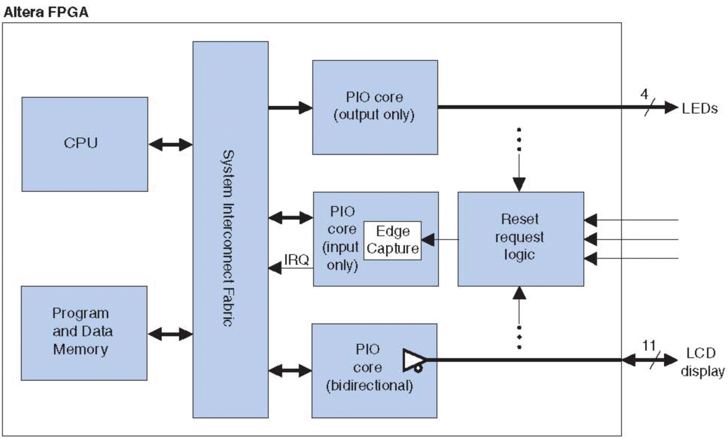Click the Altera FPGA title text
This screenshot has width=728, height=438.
tap(46, 12)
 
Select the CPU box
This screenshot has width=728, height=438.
tap(85, 144)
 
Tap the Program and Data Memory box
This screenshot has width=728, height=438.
tap(84, 333)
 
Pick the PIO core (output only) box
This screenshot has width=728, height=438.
tap(375, 107)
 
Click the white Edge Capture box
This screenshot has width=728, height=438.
tap(393, 240)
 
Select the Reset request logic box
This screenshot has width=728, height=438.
tap(521, 239)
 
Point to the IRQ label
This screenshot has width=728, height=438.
tap(296, 260)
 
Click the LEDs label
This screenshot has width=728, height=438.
tap(700, 109)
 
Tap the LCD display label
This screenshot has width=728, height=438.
tap(702, 362)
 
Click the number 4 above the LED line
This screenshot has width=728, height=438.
tap(644, 94)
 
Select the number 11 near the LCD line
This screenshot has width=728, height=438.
tap(649, 346)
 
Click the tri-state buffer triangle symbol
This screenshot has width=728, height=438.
tap(413, 360)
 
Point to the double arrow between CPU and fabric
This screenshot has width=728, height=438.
tap(170, 145)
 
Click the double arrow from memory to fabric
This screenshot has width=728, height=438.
tap(170, 334)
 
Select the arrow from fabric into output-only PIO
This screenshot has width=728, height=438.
tap(290, 107)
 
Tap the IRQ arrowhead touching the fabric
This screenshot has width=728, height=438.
tap(275, 268)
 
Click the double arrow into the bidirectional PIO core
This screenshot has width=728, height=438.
tap(290, 371)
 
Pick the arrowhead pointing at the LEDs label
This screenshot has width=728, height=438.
tap(671, 107)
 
